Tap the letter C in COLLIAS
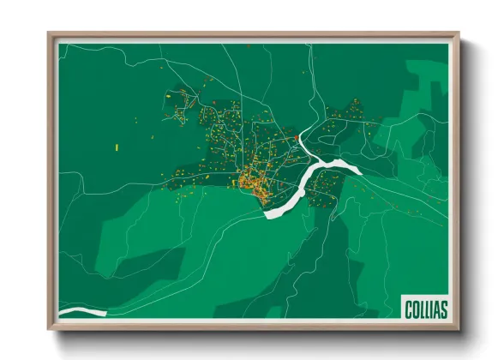click(x=408, y=307)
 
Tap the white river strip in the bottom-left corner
click(x=81, y=312)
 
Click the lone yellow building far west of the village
click(x=116, y=147)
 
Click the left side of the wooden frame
click(x=51, y=180)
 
